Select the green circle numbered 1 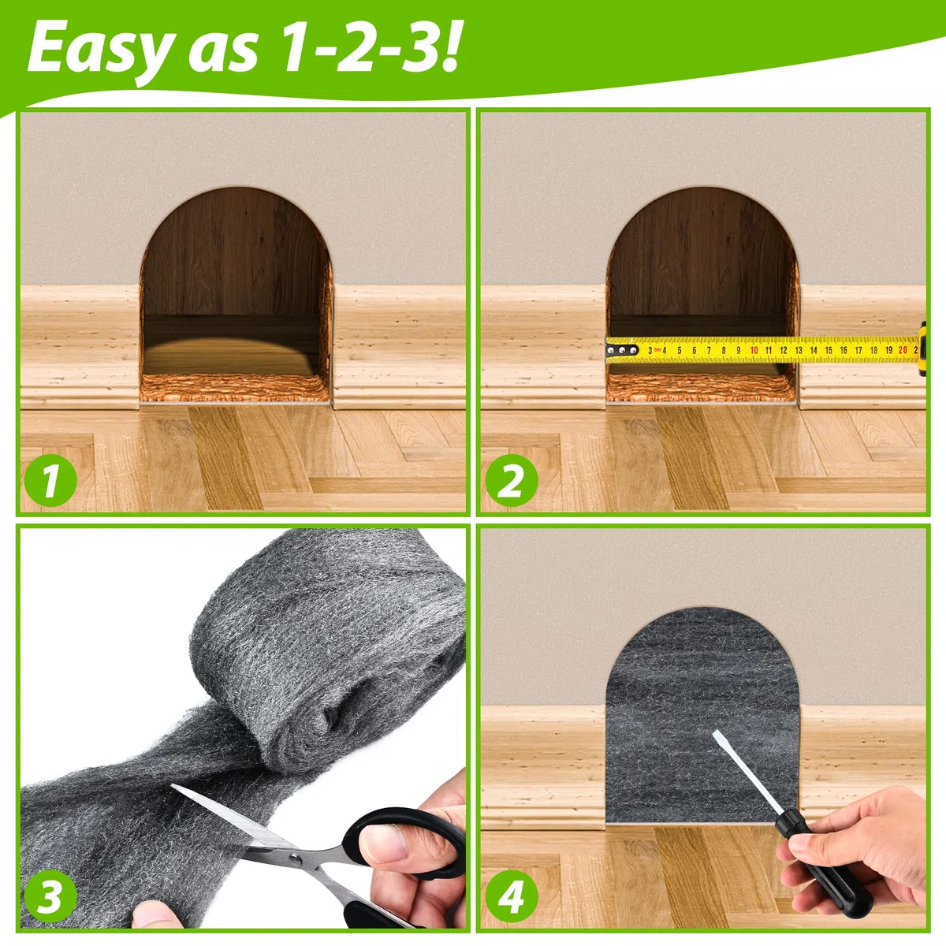(50, 481)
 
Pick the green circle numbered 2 (512, 481)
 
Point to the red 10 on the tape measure (754, 351)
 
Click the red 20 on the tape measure (903, 350)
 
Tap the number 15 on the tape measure (829, 350)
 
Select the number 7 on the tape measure (709, 351)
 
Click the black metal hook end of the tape (621, 350)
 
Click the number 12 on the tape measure (784, 350)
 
